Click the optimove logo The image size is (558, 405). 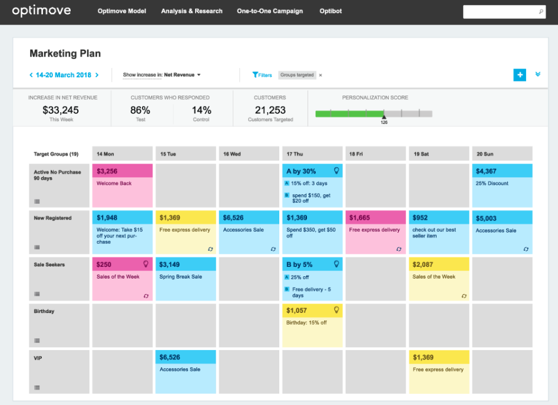[x=41, y=11]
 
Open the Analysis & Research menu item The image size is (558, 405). [x=191, y=11]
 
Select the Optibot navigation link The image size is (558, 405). [x=330, y=11]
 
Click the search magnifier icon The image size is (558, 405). [x=541, y=12]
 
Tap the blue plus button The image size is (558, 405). [x=519, y=75]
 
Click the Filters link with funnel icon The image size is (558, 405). [x=262, y=75]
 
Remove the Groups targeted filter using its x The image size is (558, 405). [x=321, y=75]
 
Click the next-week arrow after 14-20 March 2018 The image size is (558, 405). [x=97, y=75]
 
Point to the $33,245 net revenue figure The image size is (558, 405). [x=61, y=110]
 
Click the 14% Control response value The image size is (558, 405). [x=202, y=110]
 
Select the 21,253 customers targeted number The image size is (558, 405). [x=270, y=110]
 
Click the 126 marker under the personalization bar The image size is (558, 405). [x=384, y=122]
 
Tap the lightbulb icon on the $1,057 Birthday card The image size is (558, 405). [x=336, y=310]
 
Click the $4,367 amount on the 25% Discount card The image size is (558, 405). [x=487, y=171]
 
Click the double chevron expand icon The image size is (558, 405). [x=537, y=74]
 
